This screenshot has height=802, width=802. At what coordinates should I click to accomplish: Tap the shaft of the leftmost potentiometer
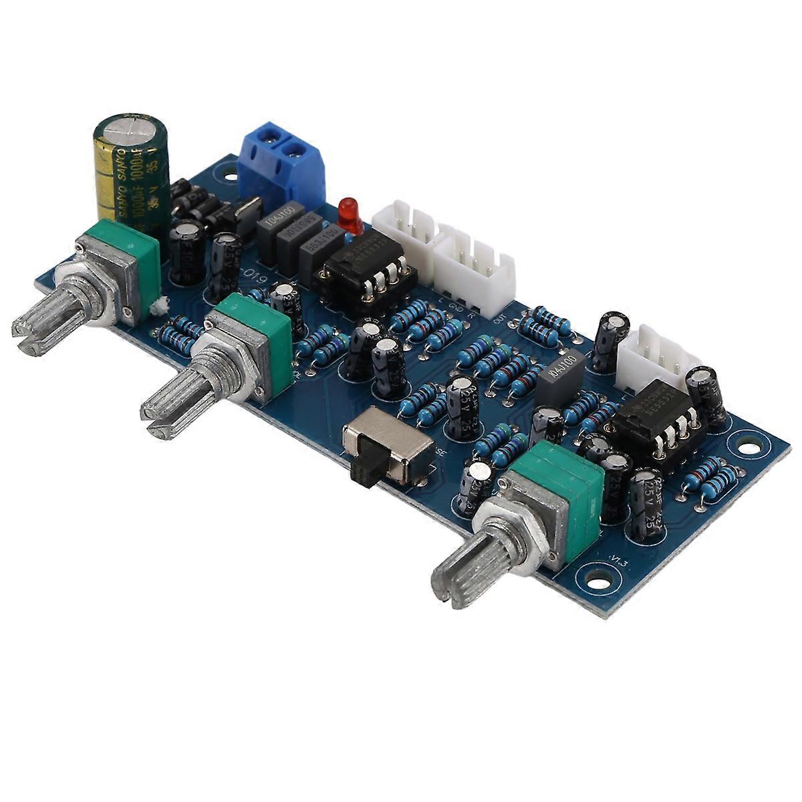47,321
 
